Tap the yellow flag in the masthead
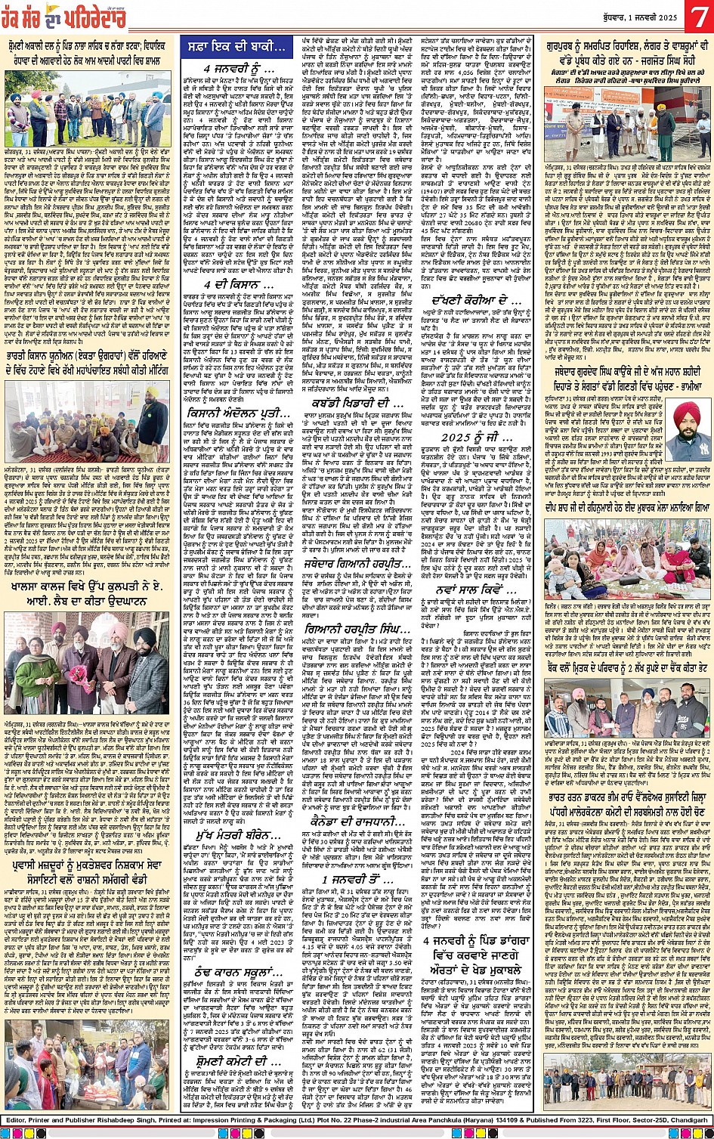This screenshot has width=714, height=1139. (x=51, y=11)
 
